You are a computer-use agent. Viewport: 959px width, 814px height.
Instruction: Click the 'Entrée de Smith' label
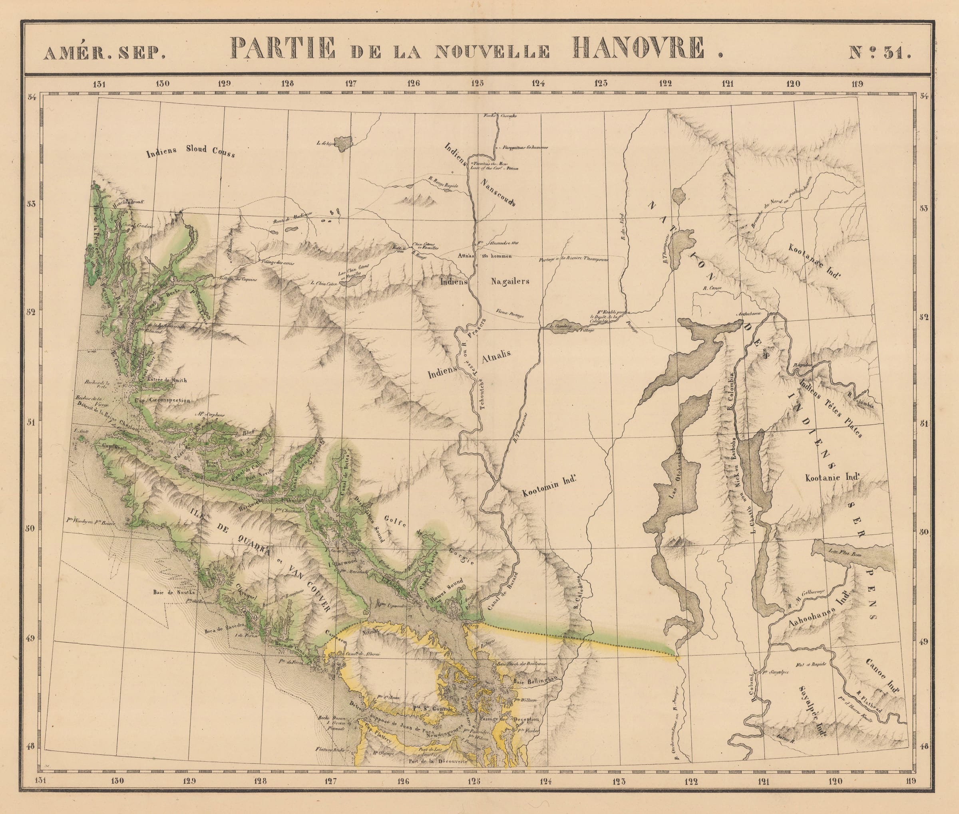point(166,380)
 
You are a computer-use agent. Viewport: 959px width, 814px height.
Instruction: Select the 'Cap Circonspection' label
point(162,400)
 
